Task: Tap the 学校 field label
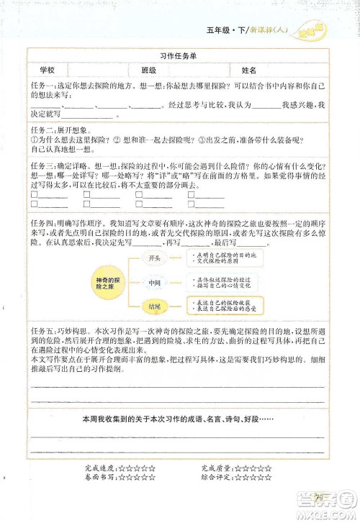(x=48, y=70)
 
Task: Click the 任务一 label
(x=42, y=85)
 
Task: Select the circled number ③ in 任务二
(x=200, y=140)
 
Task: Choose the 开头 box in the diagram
(x=154, y=258)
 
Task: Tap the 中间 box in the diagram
(x=154, y=283)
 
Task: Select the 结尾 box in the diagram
(x=154, y=306)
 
